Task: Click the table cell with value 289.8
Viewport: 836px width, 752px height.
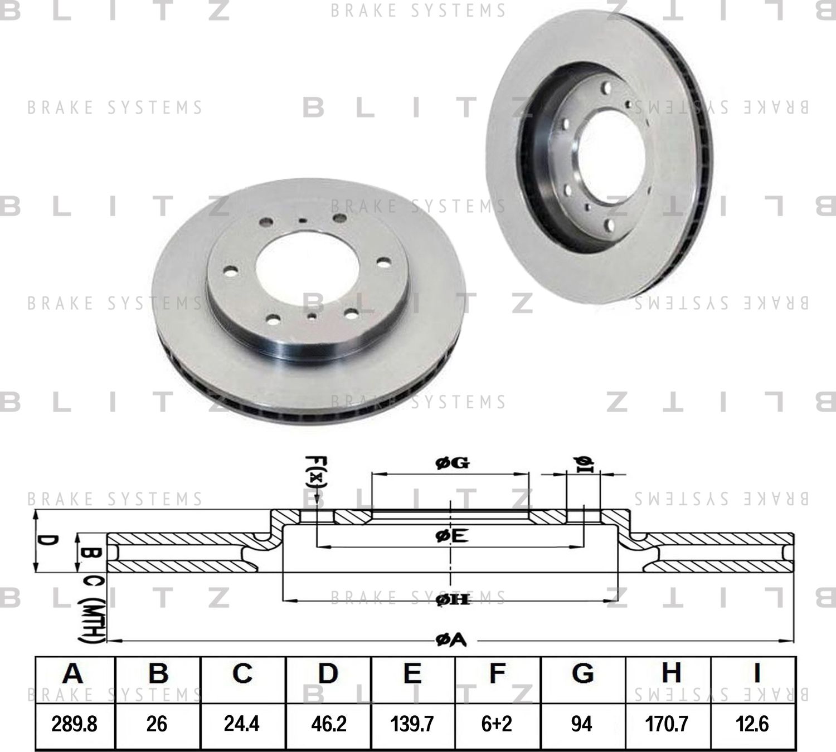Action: tap(74, 724)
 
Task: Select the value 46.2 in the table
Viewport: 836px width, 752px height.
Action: tap(328, 724)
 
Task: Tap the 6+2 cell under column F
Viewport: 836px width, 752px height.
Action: tap(497, 724)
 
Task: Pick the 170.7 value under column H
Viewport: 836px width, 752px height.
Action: tap(667, 724)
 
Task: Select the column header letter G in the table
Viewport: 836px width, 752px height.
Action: tap(582, 673)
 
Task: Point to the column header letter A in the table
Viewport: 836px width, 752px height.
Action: tap(73, 673)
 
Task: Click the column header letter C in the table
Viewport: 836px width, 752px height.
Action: tap(242, 673)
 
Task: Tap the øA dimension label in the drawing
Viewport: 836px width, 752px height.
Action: tap(450, 641)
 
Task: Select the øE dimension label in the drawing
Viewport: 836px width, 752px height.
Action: tap(451, 536)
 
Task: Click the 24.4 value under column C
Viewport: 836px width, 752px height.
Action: tap(242, 724)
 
